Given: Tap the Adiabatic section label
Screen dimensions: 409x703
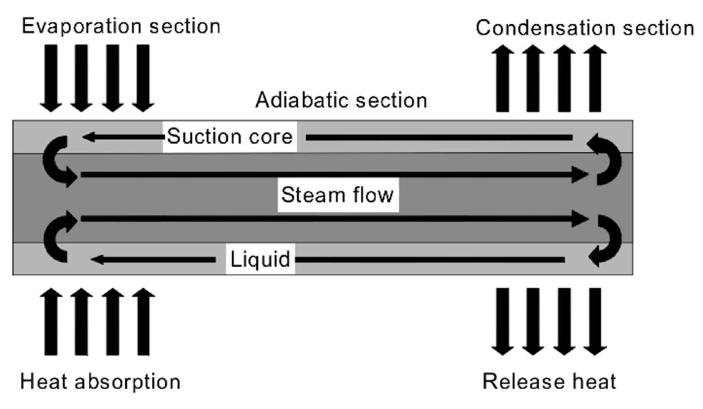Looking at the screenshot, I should (341, 100).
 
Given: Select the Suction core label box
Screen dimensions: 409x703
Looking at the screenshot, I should (229, 137).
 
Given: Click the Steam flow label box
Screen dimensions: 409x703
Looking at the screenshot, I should (338, 195).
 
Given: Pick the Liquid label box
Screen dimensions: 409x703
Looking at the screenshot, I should (260, 259).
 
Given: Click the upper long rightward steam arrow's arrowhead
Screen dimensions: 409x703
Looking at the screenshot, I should (580, 175).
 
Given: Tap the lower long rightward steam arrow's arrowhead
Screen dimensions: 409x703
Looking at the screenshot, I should (580, 218).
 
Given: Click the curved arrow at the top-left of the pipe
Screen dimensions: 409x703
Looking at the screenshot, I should (57, 161).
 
